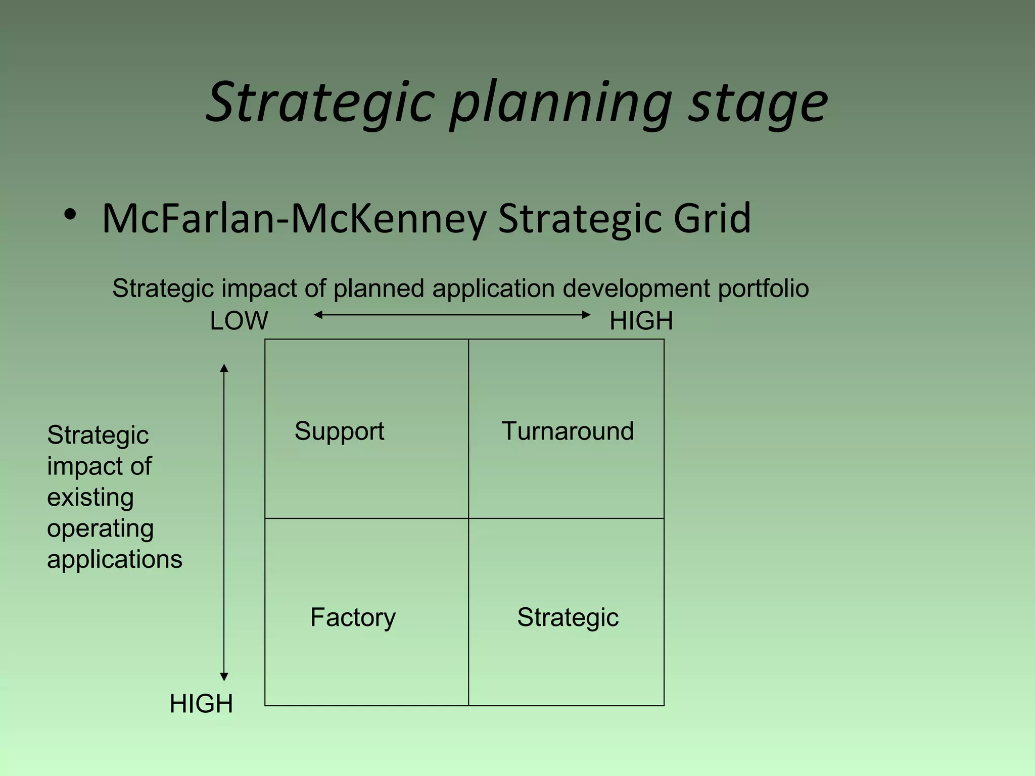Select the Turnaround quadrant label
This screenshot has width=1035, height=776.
567,431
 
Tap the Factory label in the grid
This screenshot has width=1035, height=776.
353,617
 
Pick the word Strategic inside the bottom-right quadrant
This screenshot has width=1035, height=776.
568,617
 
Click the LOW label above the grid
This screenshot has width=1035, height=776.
239,321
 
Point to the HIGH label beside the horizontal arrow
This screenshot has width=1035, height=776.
641,321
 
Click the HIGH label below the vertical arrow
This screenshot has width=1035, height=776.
201,704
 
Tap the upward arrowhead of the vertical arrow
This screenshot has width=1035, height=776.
224,368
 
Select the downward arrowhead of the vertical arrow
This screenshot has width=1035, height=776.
224,677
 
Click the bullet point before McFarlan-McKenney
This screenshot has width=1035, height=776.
70,215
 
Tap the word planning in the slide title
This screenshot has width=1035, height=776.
561,104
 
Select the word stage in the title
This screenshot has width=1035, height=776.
758,104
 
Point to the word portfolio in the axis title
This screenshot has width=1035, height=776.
763,289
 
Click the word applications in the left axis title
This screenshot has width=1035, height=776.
115,560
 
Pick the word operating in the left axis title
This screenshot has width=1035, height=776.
100,529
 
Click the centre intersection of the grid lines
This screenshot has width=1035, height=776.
468,518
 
